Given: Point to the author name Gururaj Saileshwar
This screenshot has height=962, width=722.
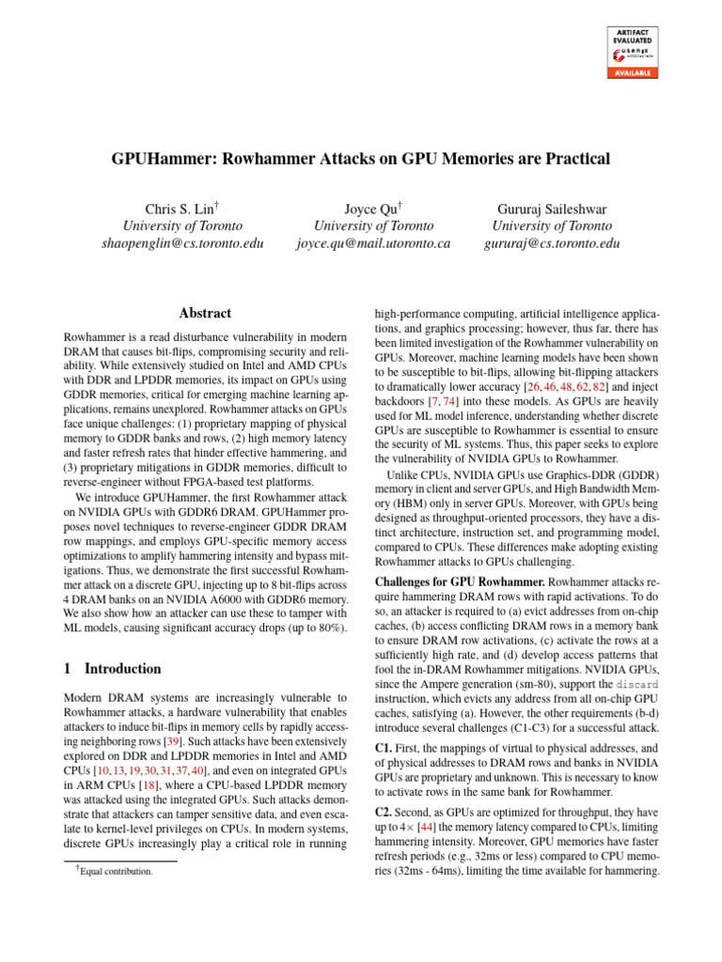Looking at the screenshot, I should tap(552, 208).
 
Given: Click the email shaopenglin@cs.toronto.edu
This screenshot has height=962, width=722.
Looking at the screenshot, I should tap(183, 243).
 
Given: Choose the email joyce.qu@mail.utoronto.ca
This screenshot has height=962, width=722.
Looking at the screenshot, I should tap(373, 243).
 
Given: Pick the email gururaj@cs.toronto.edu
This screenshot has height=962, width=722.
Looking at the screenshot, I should tap(552, 243).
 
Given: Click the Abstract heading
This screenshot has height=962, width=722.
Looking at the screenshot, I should tap(205, 314).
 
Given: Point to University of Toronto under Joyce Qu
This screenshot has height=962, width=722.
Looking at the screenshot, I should tap(373, 225).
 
